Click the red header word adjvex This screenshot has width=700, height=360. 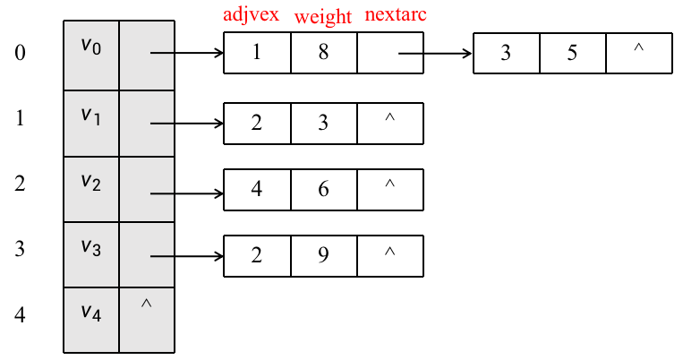251,14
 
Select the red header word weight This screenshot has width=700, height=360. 323,17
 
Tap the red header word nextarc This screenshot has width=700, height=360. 396,14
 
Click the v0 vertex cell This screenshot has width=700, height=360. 91,55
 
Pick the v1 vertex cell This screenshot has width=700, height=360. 91,124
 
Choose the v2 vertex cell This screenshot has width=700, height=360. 91,189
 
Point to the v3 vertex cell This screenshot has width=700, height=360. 91,254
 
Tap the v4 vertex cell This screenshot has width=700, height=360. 91,320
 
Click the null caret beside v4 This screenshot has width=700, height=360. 146,304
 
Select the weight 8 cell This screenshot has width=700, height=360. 324,53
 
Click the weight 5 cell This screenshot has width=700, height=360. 573,53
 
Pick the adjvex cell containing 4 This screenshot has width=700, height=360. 257,189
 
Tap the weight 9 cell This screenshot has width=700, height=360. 324,256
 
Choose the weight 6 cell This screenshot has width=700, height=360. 324,189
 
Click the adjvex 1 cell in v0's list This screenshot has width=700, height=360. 257,53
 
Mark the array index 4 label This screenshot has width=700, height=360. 20,314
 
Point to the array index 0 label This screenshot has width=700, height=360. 20,52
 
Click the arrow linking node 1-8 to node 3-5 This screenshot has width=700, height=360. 435,54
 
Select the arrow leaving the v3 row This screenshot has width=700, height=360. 187,256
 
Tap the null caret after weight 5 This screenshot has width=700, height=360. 639,47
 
